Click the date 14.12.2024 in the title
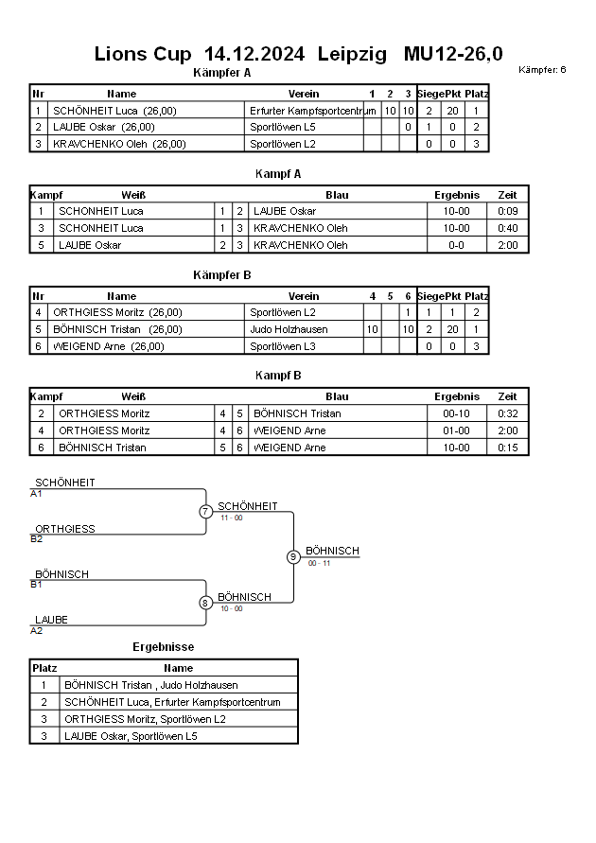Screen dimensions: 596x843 254,54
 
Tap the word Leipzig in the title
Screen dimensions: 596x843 352,54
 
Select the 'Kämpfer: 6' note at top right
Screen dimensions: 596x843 542,69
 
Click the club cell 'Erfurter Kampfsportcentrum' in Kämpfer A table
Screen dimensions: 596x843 313,111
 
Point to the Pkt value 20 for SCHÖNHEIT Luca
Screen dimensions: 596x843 452,111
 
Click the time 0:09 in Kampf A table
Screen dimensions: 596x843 508,211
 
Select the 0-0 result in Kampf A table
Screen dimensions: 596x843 456,245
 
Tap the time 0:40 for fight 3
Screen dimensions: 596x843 508,228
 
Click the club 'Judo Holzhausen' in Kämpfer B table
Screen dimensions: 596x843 289,329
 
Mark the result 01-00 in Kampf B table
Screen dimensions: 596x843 456,430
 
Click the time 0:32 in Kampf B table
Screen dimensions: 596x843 508,413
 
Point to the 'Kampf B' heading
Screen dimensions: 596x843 278,376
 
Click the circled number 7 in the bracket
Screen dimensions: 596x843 205,511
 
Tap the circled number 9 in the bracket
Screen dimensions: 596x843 293,557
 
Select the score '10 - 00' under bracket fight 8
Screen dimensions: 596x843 232,608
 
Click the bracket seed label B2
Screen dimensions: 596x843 37,539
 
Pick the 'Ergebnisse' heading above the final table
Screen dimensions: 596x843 164,647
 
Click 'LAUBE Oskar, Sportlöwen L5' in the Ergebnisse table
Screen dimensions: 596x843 131,736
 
